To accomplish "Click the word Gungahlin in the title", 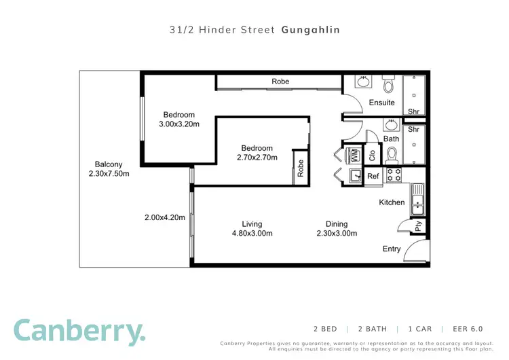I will [310, 30].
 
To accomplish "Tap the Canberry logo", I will [79, 331].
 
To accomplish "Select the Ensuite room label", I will [381, 103].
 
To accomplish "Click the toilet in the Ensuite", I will [389, 84].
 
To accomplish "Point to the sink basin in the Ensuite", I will [363, 83].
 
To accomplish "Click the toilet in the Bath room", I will [392, 156].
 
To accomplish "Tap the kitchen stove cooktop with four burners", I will [394, 175].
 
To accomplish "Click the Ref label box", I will [373, 176].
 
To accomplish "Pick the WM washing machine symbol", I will [354, 155].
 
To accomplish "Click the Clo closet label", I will [373, 155].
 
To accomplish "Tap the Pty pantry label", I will [419, 226].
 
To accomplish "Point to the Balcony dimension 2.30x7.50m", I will [109, 173].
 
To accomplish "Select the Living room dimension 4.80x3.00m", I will [252, 233].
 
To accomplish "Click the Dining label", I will [336, 223].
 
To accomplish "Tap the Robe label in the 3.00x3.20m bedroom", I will [280, 82].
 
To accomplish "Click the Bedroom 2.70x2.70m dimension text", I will [257, 157].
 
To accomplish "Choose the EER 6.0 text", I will [468, 329].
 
